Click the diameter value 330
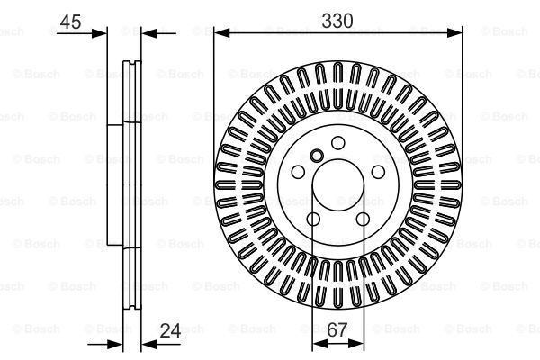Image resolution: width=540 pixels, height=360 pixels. click(340, 18)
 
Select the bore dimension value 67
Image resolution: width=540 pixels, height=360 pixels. click(337, 330)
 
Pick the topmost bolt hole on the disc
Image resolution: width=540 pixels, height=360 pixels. click(337, 142)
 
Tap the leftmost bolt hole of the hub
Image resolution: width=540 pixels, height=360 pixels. click(297, 172)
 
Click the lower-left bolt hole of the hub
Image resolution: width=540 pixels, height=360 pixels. click(312, 220)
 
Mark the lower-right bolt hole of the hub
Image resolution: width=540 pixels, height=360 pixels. click(363, 220)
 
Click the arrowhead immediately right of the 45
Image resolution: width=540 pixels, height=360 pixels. click(102, 33)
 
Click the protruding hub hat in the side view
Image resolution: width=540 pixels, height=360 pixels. click(113, 184)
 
